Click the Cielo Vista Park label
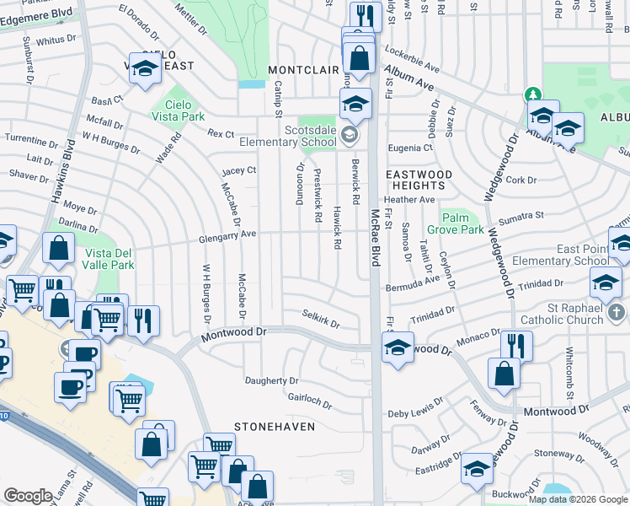click(180, 110)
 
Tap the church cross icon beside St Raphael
click(617, 313)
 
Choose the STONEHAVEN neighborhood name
click(275, 427)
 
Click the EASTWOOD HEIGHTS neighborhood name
click(419, 180)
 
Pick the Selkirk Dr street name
click(321, 319)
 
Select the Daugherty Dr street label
click(271, 380)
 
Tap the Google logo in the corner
click(28, 496)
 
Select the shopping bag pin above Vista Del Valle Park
click(58, 249)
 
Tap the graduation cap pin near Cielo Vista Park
click(146, 69)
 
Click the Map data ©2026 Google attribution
click(578, 499)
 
